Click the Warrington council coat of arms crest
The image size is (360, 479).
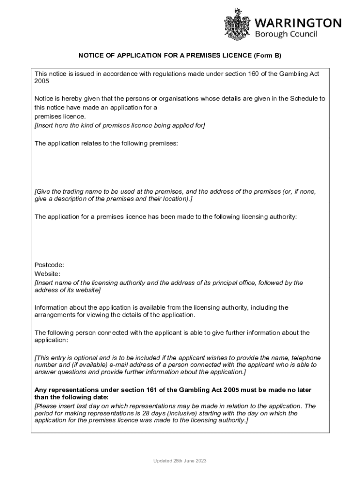click(x=238, y=24)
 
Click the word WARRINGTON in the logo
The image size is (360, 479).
click(x=298, y=23)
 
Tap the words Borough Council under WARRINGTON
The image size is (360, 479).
click(x=286, y=34)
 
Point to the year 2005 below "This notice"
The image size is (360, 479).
click(x=42, y=81)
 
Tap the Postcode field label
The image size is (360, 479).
click(x=49, y=265)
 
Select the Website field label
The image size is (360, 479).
click(x=47, y=274)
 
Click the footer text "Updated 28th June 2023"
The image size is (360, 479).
click(x=180, y=461)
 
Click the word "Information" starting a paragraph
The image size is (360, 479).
click(x=51, y=308)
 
